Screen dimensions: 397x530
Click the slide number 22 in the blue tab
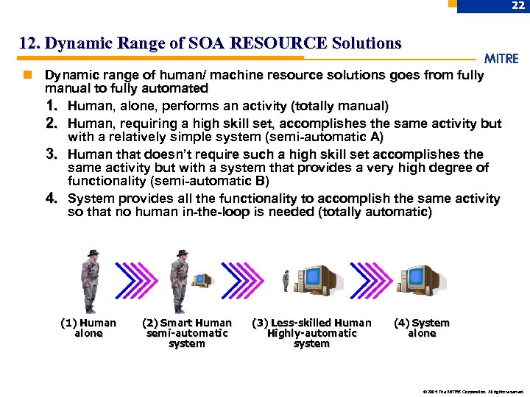point(517,6)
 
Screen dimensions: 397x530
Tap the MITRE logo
point(501,59)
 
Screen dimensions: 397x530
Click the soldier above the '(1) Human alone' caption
point(90,282)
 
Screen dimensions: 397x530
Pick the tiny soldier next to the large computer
point(286,281)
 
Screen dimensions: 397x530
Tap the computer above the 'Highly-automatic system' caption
point(315,280)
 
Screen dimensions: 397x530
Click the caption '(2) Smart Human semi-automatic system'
point(186,333)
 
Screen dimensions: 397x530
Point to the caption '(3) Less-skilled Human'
point(311,323)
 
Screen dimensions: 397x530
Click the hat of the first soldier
point(91,254)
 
